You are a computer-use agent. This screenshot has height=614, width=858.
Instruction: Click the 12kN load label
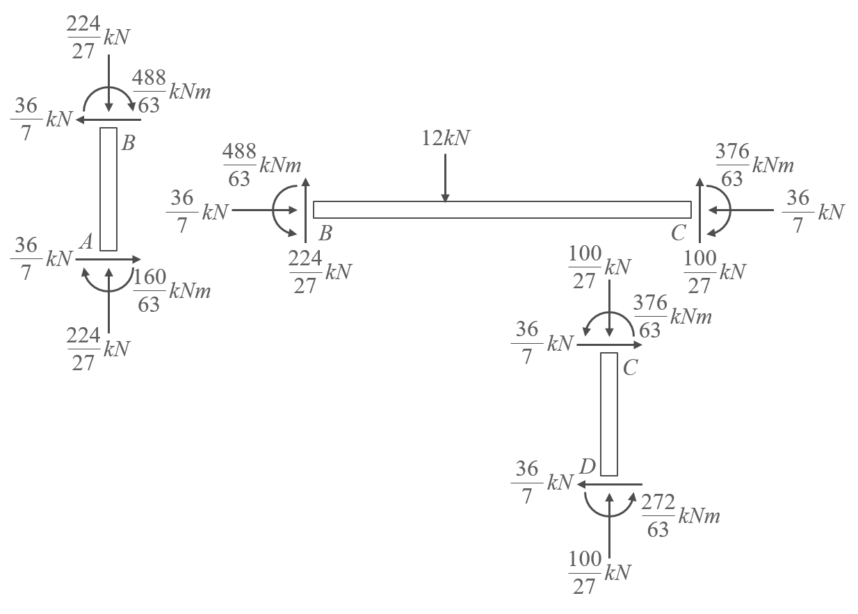point(446,138)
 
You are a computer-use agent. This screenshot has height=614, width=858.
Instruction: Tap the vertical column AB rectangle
point(108,188)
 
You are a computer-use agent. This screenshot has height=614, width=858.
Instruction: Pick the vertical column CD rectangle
point(609,414)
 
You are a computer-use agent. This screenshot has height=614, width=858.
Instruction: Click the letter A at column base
point(86,241)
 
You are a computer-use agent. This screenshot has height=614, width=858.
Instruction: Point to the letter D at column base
point(587,466)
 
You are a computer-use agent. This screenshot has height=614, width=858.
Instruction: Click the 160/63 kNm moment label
point(171,290)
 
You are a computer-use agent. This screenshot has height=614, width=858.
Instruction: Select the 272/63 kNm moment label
point(679,515)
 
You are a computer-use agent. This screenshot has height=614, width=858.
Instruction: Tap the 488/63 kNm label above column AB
point(171,92)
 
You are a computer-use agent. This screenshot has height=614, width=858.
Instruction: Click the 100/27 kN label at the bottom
point(599,572)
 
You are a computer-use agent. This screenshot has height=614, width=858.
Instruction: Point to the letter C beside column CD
point(630,368)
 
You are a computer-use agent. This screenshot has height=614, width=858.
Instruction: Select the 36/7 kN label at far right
point(813,212)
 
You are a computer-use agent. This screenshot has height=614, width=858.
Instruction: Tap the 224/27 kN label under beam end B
point(319,272)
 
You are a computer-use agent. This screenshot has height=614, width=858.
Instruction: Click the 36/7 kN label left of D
point(540,482)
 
